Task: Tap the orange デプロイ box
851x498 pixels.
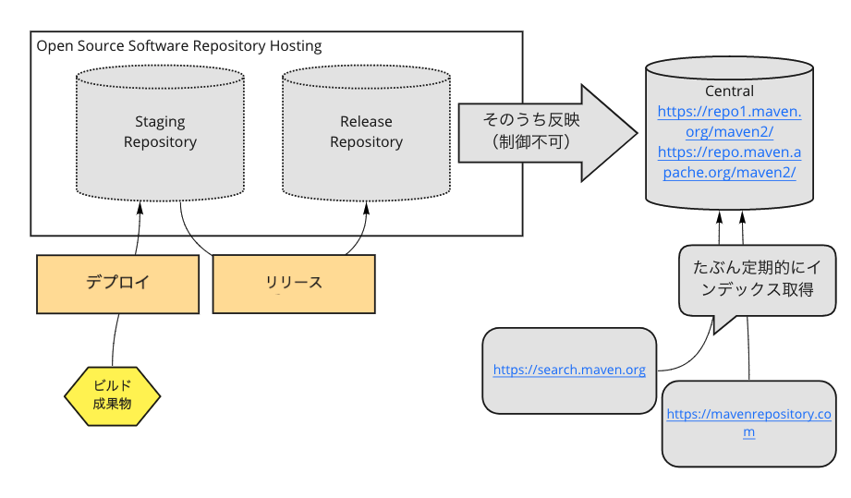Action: [117, 285]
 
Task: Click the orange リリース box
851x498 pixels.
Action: [294, 285]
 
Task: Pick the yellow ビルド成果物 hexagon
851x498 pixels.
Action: [113, 396]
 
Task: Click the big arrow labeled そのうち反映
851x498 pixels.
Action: [548, 133]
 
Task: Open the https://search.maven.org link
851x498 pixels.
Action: [569, 370]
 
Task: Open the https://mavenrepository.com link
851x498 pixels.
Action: [749, 422]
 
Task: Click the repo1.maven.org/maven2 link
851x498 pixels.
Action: [729, 122]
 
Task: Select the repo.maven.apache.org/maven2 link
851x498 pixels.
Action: [729, 163]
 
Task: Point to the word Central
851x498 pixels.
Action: [729, 91]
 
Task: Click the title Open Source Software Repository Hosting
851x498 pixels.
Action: [179, 46]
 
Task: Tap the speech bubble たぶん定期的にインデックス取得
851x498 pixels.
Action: [757, 280]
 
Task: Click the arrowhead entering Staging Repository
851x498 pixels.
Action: [140, 208]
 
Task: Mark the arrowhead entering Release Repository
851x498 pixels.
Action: [366, 208]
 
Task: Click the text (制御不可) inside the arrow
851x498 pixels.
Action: [531, 142]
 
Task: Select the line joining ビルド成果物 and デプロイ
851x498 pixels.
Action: [115, 340]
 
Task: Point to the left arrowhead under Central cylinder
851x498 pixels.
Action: [720, 217]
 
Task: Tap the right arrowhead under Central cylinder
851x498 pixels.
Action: [743, 217]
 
